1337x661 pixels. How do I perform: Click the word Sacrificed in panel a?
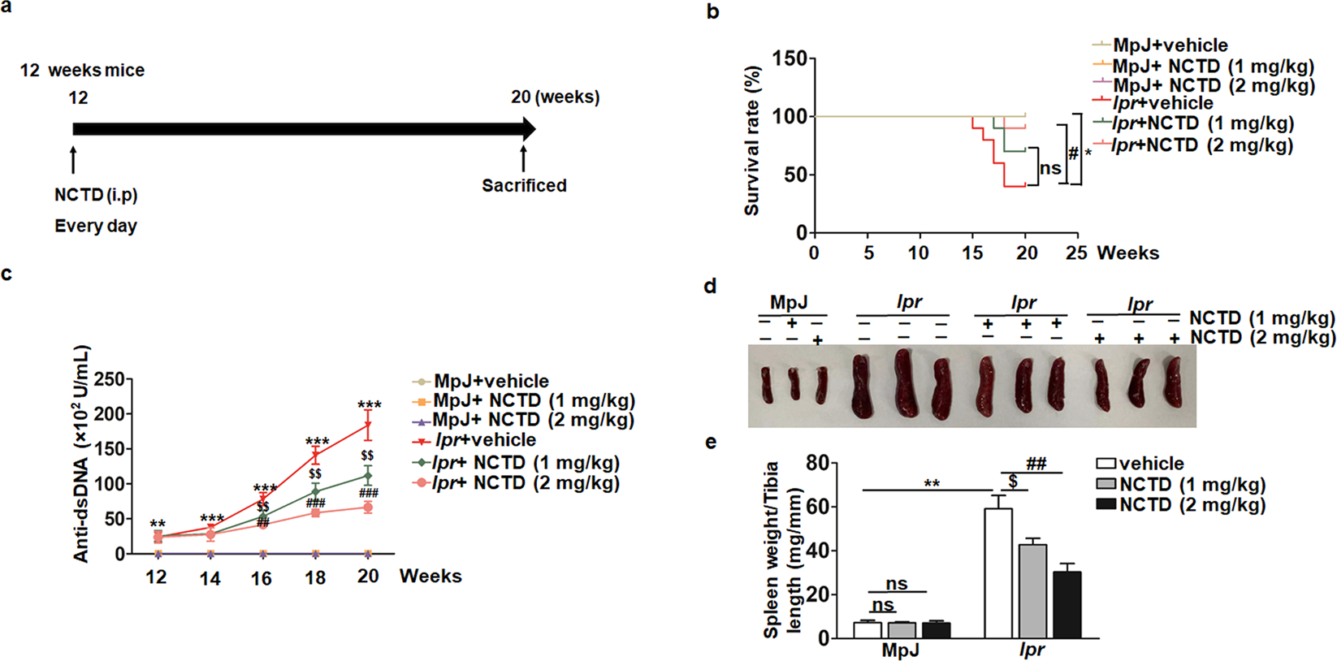point(524,185)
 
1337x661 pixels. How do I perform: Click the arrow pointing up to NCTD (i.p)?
point(73,160)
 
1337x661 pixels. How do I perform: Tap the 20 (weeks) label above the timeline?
point(556,97)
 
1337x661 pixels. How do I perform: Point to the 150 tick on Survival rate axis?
point(790,58)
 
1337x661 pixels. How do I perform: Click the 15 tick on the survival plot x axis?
point(973,253)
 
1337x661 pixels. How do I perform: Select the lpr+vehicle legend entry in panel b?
point(1162,104)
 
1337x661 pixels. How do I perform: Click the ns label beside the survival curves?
point(1050,168)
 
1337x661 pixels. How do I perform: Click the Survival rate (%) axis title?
point(751,141)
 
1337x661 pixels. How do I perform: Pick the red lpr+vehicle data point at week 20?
point(369,425)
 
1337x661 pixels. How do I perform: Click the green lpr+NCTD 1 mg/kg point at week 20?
point(369,476)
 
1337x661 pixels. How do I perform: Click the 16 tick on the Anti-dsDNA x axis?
point(262,577)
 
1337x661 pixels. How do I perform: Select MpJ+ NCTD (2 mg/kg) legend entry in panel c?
point(532,420)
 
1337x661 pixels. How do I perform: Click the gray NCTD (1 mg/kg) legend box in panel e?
point(1106,485)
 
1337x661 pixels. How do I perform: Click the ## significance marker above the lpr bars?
point(1036,464)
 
